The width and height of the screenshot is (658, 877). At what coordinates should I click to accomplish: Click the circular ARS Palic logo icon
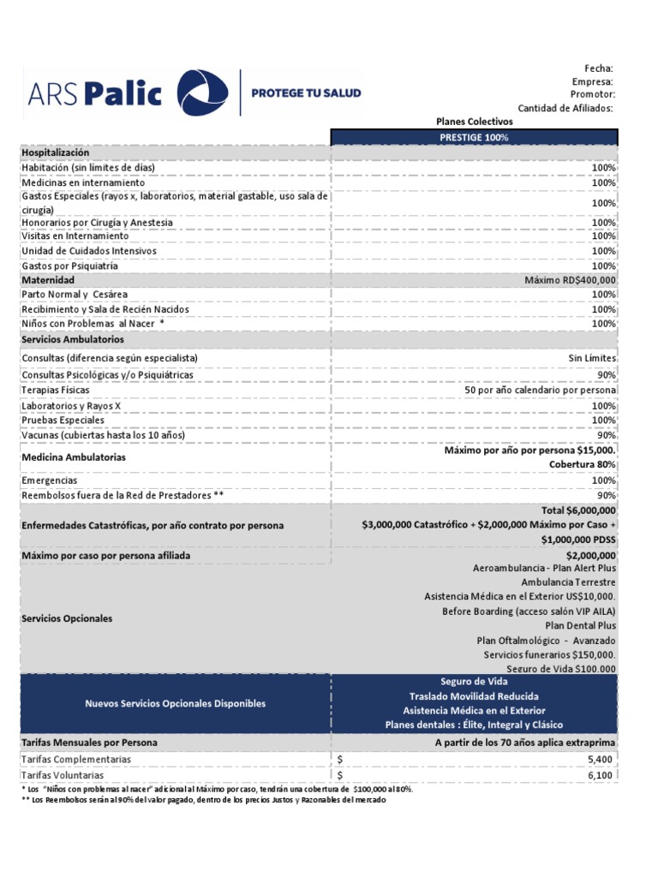(x=202, y=92)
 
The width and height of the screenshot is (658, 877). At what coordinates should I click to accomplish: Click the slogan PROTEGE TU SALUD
(x=306, y=92)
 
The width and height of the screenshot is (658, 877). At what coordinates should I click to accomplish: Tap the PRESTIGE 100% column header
(x=474, y=137)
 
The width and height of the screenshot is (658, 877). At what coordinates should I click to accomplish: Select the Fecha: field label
(x=599, y=69)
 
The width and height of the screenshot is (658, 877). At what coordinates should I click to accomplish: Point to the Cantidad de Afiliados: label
(x=565, y=108)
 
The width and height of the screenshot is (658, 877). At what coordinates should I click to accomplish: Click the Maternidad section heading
(x=48, y=280)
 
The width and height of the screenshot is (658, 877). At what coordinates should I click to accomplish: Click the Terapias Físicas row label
(x=56, y=390)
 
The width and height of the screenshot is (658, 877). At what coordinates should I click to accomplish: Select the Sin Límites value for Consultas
(x=592, y=357)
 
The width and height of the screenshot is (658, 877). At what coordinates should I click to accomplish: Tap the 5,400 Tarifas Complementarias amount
(x=600, y=759)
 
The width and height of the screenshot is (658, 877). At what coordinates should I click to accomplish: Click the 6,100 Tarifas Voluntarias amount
(x=600, y=775)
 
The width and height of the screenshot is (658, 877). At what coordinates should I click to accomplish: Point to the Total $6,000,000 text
(x=578, y=510)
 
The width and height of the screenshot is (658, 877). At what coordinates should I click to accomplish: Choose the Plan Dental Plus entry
(x=581, y=625)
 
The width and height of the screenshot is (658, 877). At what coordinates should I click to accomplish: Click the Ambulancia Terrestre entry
(x=569, y=582)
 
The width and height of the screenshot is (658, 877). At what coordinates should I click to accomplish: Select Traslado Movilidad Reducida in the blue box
(x=474, y=695)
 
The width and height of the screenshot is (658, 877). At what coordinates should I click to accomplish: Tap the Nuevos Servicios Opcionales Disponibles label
(x=175, y=703)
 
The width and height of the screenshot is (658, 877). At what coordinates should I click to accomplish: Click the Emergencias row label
(x=50, y=480)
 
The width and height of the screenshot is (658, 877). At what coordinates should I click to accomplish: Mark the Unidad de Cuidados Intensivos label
(x=89, y=251)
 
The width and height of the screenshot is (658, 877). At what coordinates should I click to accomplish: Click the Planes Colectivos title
(x=474, y=122)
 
